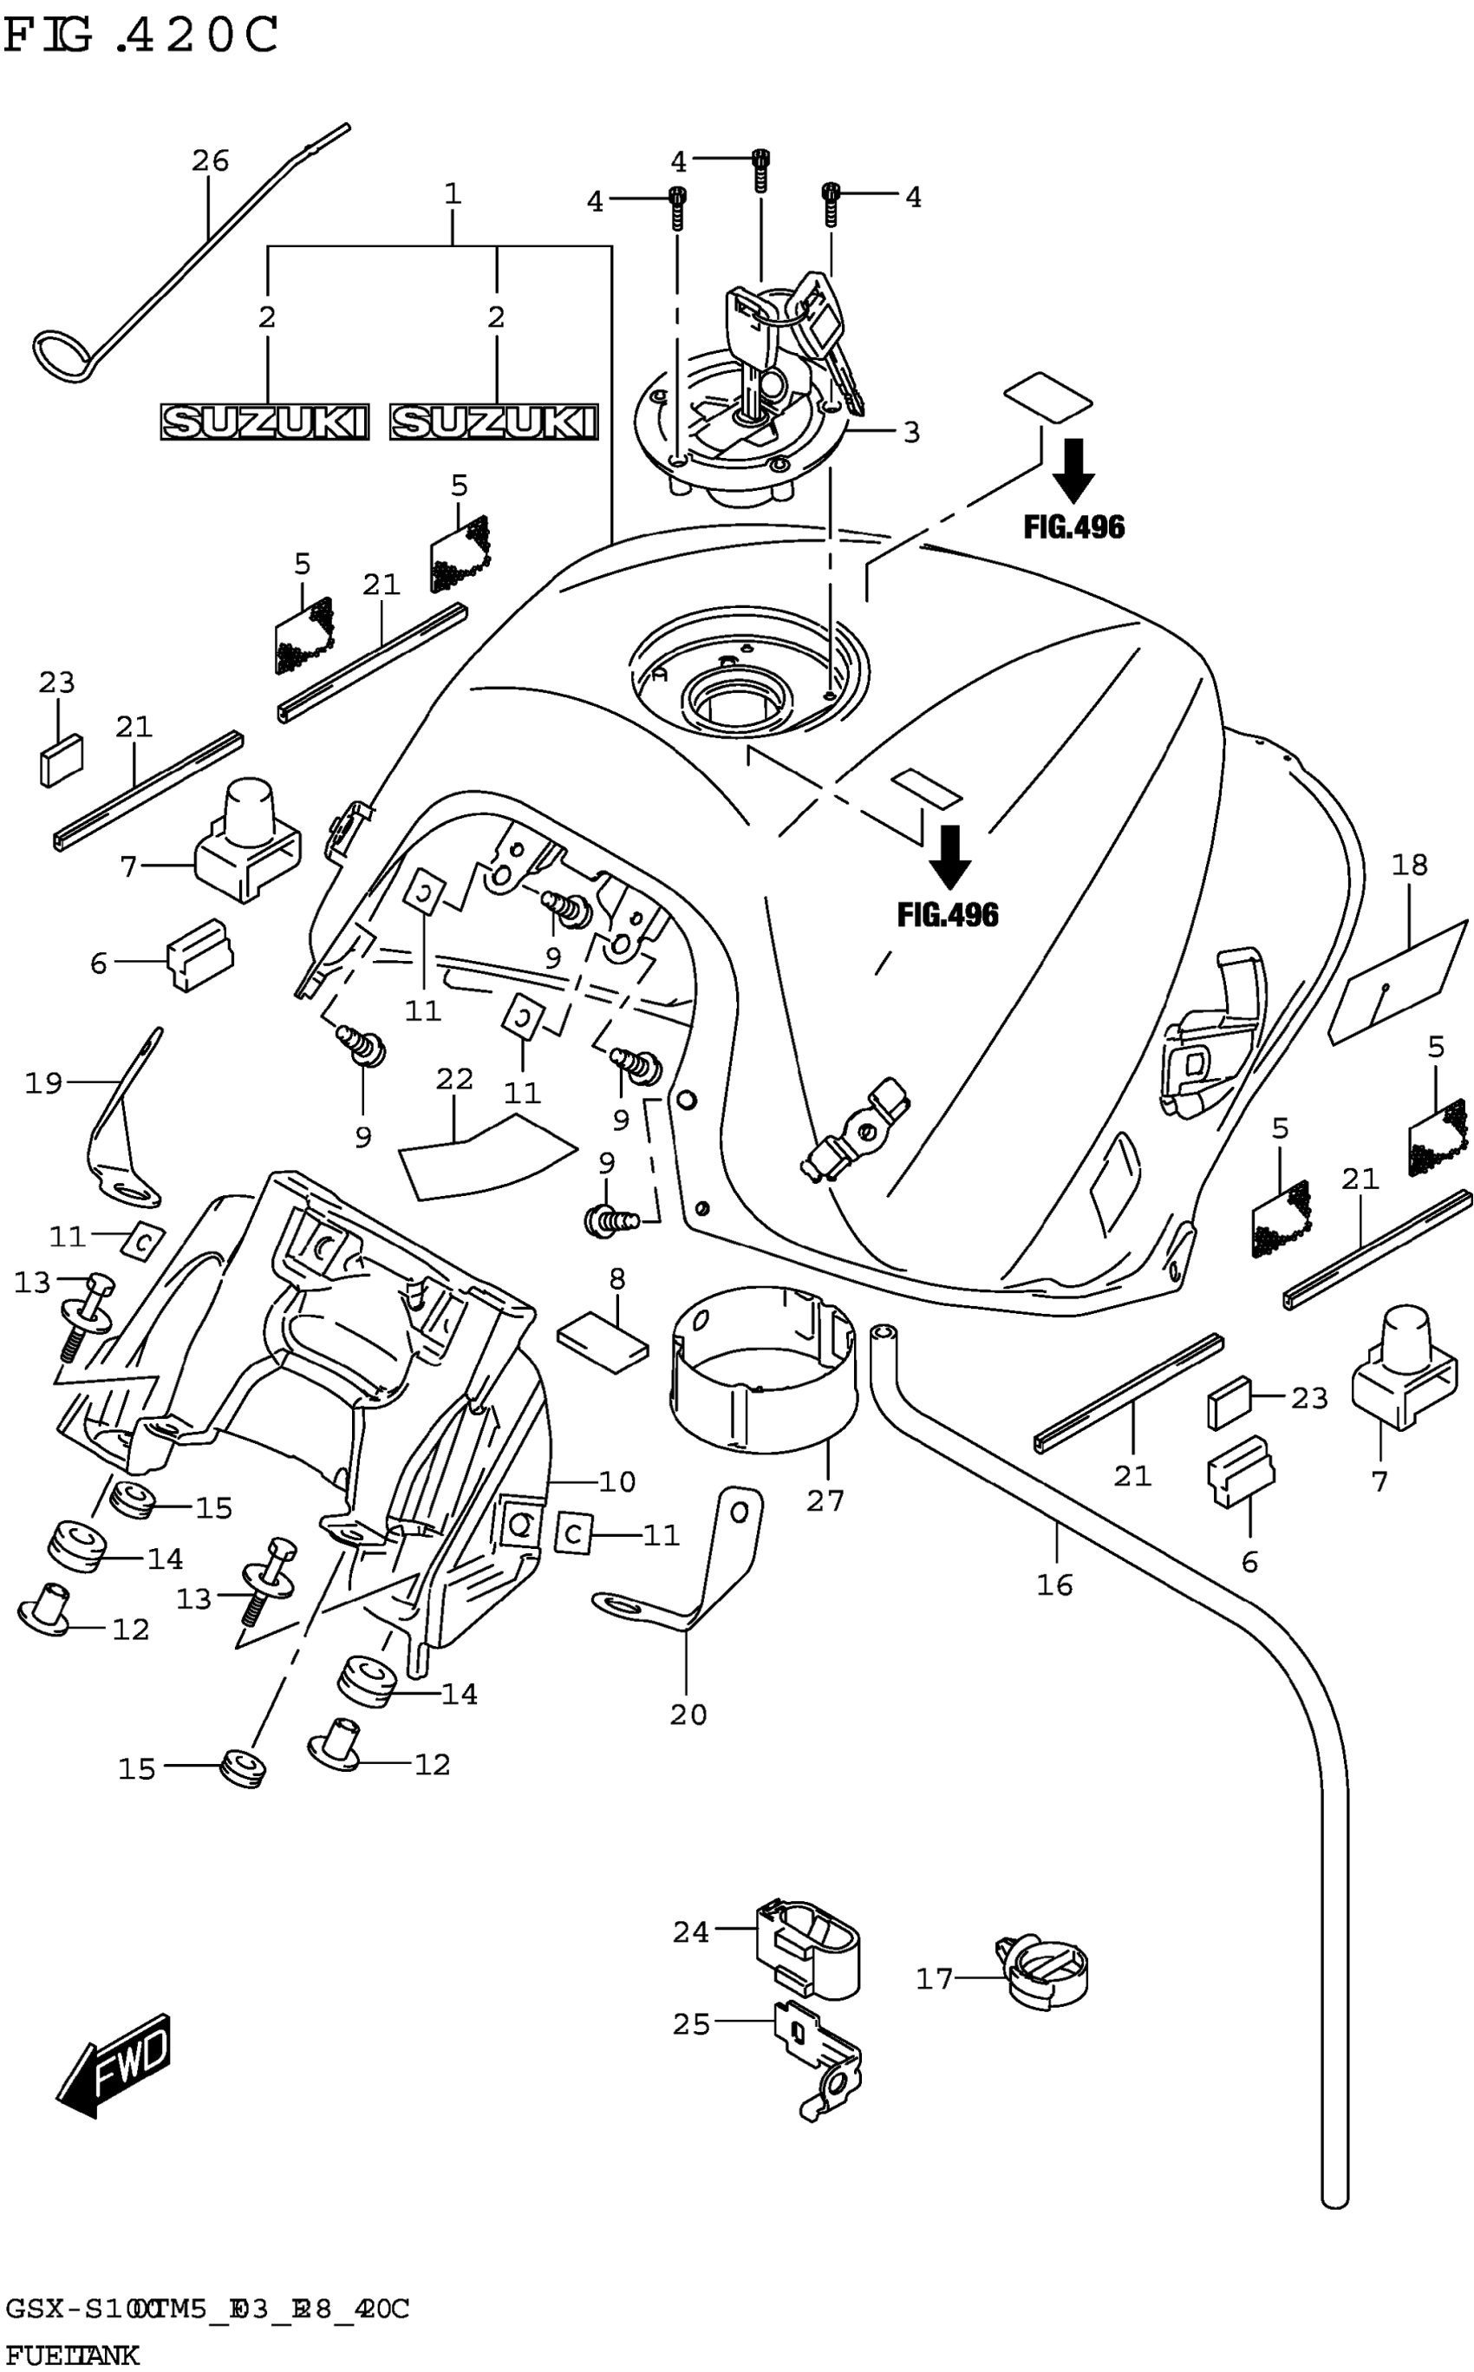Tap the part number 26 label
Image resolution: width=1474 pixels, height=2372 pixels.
coord(210,160)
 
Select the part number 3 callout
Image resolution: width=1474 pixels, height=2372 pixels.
coord(911,432)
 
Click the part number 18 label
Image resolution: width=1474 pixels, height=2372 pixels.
coord(1410,865)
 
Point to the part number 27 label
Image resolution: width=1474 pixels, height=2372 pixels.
coord(825,1501)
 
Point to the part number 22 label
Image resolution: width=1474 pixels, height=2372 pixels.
coord(454,1079)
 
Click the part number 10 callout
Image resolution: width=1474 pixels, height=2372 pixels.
coord(616,1482)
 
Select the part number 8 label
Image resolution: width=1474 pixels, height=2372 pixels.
coord(617,1279)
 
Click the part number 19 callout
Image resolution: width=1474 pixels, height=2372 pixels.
coord(42,1082)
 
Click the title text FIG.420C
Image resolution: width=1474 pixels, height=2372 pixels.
coord(141,36)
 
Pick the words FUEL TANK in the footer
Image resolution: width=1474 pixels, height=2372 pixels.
coord(72,2356)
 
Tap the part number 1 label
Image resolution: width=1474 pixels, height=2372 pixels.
coord(453,194)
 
